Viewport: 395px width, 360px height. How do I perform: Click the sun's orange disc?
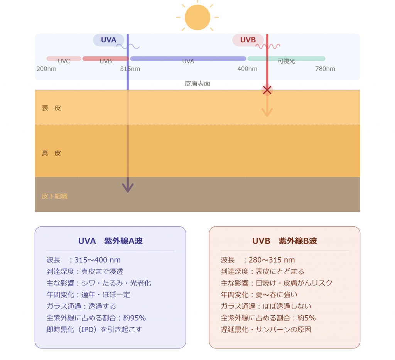pos(197,17)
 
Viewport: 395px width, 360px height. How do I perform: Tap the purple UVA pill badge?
pos(108,40)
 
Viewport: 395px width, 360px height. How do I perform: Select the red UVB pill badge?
pos(248,40)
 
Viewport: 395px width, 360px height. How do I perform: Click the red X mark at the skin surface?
pos(267,90)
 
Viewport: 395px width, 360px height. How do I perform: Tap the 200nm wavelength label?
pos(46,69)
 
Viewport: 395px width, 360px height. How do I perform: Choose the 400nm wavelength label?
pos(247,69)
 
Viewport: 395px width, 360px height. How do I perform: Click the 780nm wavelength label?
pos(325,69)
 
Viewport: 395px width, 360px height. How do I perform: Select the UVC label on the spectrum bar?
pos(64,61)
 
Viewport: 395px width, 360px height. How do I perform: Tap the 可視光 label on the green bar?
pos(286,61)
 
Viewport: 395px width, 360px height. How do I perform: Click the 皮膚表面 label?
pos(197,84)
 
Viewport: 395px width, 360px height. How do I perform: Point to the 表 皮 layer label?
pos(51,108)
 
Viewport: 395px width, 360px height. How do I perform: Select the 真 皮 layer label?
pos(51,153)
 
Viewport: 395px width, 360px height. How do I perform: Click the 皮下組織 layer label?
pos(54,196)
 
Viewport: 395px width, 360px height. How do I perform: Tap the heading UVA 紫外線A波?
pos(110,241)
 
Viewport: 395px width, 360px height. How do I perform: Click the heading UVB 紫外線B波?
pos(285,241)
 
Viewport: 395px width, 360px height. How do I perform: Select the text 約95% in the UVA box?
pos(135,318)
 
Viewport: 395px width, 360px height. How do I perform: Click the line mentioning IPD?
pos(95,330)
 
